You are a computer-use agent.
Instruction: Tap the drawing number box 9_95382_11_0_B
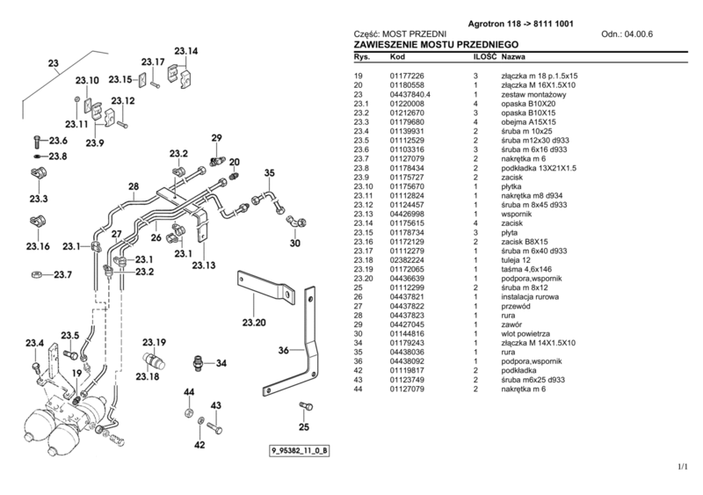click(301, 452)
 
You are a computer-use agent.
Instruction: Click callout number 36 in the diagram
click(284, 351)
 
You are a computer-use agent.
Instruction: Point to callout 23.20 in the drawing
click(255, 323)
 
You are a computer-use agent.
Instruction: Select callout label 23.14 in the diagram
click(187, 51)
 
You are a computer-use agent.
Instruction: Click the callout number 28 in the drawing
click(133, 186)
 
